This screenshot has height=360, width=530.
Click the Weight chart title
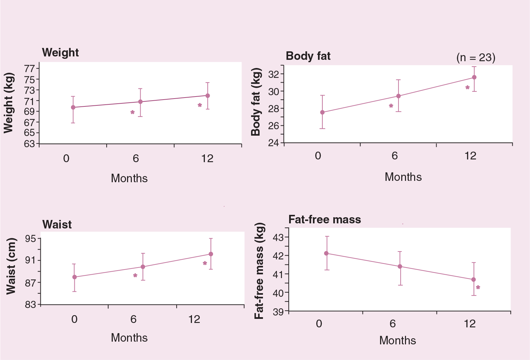click(x=60, y=53)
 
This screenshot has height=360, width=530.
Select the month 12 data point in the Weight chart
click(x=208, y=96)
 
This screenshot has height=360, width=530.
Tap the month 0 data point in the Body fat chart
click(x=322, y=112)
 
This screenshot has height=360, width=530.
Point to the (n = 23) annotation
click(x=476, y=57)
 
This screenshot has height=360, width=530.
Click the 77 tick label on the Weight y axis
click(x=30, y=69)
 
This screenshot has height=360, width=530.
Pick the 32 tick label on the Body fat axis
click(x=274, y=74)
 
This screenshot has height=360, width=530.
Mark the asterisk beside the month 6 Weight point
click(x=132, y=112)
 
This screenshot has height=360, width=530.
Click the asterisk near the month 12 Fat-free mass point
click(x=478, y=287)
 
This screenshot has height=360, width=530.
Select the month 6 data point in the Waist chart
click(x=143, y=267)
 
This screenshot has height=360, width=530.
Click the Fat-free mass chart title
click(x=325, y=219)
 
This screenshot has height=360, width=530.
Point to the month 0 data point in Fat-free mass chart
click(x=326, y=253)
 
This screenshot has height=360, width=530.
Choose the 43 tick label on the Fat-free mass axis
click(x=279, y=237)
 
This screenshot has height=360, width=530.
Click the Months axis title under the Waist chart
click(x=129, y=338)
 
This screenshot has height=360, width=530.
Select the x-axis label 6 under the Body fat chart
click(x=394, y=156)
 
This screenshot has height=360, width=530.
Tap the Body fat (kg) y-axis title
click(x=256, y=102)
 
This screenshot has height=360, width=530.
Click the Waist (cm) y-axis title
click(x=11, y=266)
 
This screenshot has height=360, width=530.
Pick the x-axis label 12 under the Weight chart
click(x=207, y=158)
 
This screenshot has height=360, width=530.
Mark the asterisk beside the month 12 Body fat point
click(x=467, y=88)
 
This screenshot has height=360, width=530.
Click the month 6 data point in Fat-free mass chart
click(x=400, y=267)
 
